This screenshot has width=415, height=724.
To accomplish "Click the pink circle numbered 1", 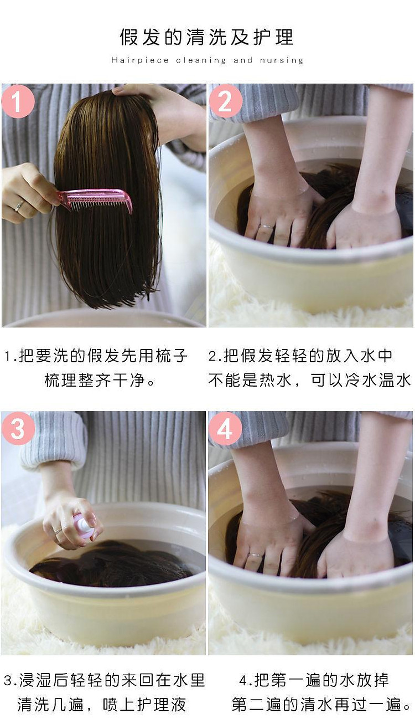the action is [18, 101].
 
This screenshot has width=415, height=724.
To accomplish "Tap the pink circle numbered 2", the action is [225, 101].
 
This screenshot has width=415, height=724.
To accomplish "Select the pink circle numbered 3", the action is [18, 428].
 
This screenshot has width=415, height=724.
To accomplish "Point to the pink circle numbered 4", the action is [225, 429].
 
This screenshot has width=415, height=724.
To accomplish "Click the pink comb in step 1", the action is [94, 200].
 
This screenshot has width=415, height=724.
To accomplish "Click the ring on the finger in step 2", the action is [266, 227].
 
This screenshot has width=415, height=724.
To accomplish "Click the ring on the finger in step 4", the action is [255, 555].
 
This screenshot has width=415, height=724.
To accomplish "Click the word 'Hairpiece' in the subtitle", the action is [140, 60].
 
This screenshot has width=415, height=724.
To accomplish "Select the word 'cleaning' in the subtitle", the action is [201, 60].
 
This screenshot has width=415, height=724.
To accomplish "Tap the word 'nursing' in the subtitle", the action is [282, 60].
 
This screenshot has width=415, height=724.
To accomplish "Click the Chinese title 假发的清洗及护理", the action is [207, 37].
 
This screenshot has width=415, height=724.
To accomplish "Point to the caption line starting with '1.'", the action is [96, 356].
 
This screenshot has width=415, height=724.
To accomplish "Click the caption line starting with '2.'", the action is [300, 356].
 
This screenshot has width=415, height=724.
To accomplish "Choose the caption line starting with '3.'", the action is [104, 680].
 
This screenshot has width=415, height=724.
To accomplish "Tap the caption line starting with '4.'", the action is [314, 680].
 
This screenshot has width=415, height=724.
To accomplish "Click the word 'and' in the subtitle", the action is [243, 60].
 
